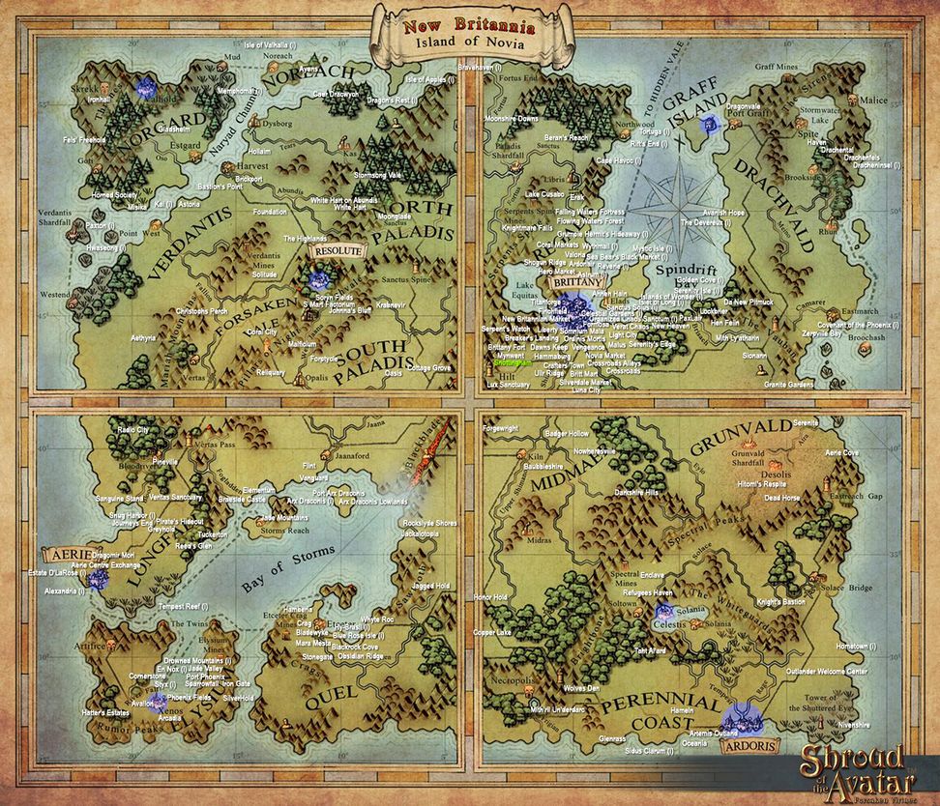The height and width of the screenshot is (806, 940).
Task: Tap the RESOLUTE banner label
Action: click(x=338, y=250)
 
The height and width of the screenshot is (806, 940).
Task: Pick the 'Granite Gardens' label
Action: click(x=787, y=384)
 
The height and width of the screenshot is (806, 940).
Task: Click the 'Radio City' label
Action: click(x=133, y=429)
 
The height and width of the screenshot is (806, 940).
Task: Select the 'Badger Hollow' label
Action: click(x=566, y=434)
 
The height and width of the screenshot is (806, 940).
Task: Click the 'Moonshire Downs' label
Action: click(x=511, y=118)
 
